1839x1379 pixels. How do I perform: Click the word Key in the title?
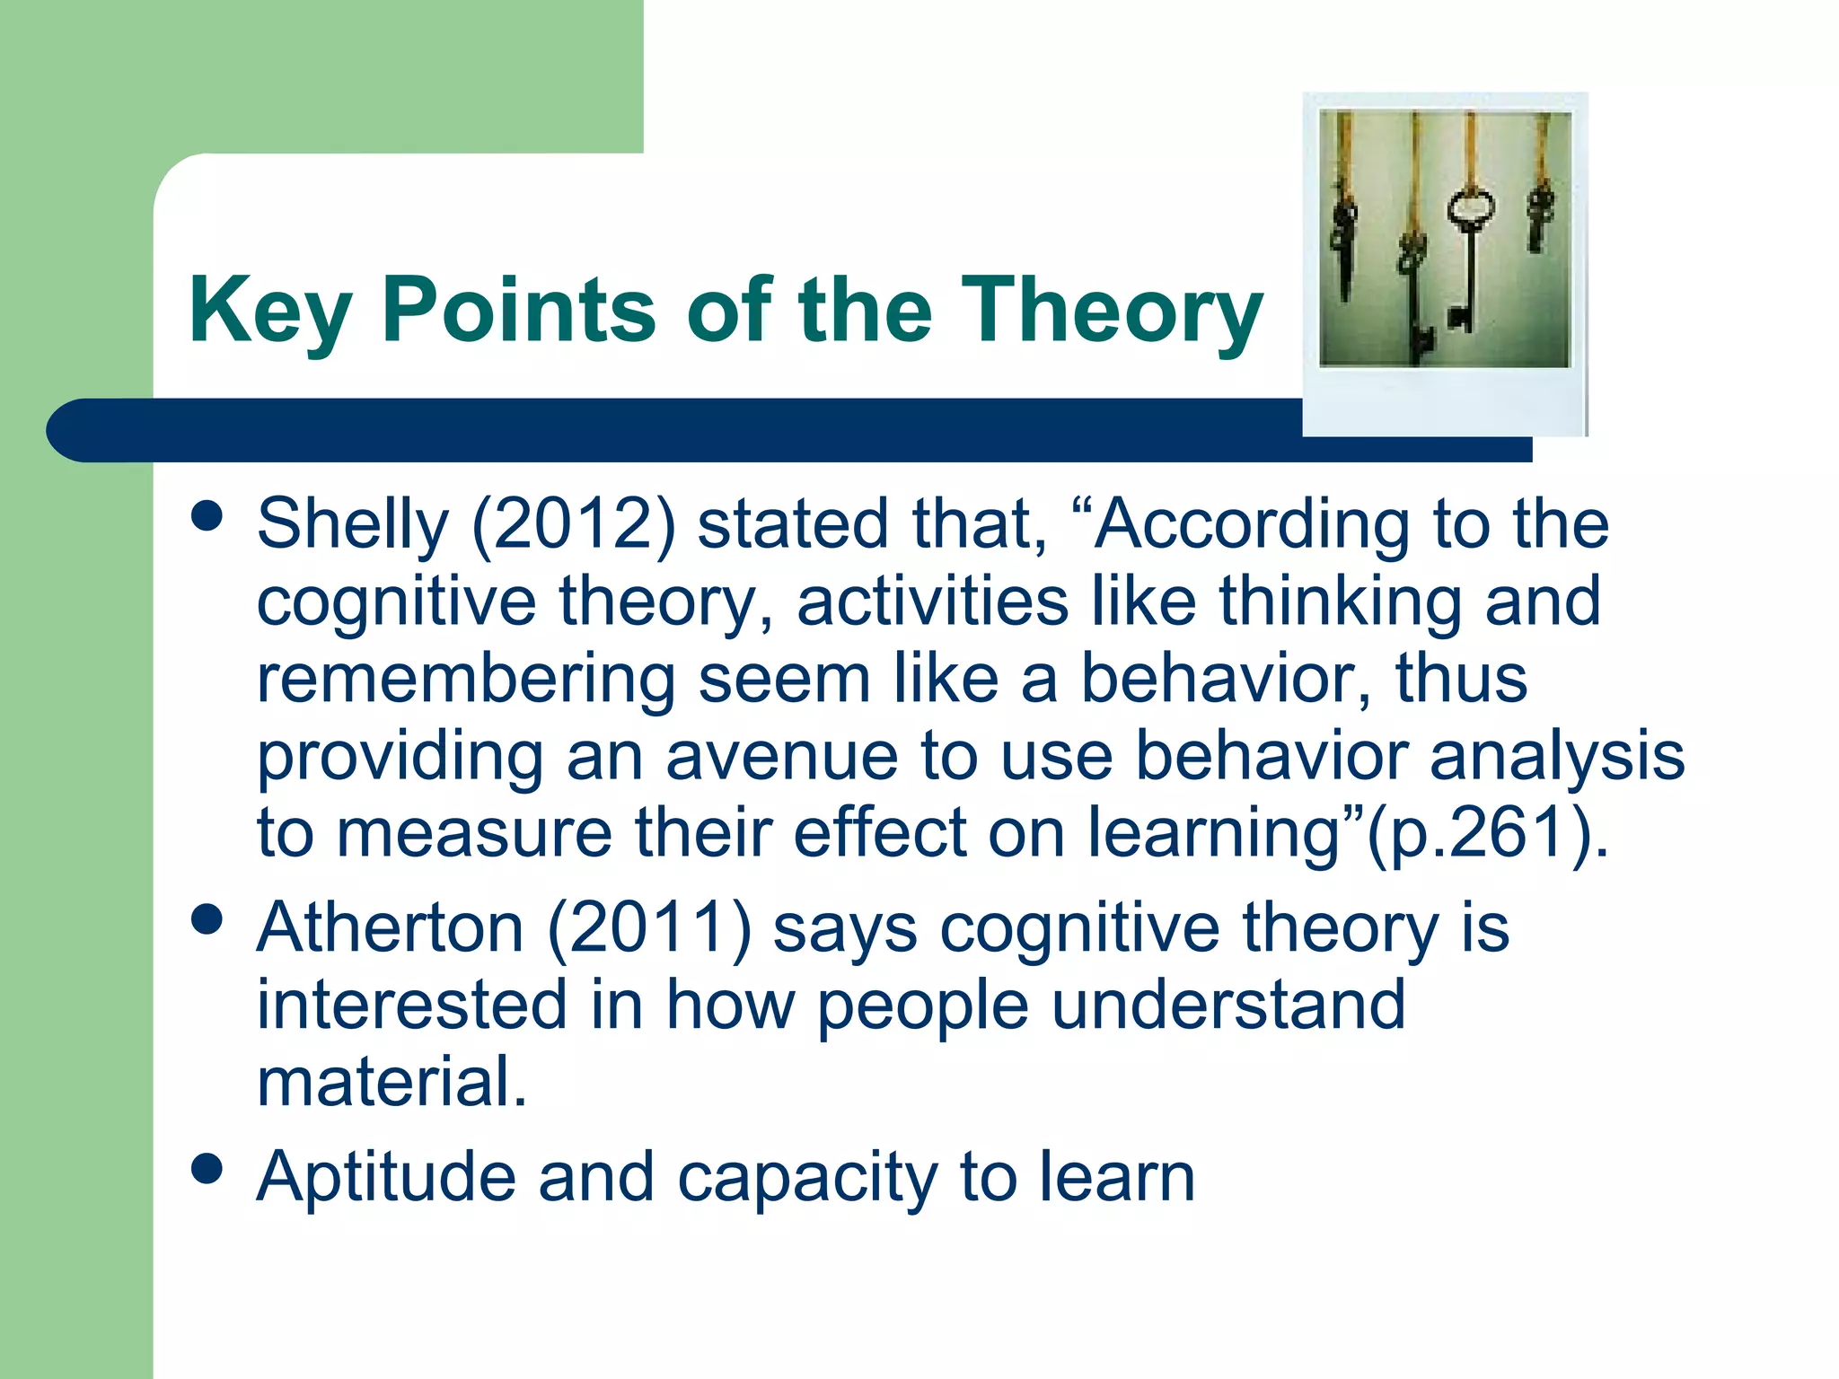tap(270, 310)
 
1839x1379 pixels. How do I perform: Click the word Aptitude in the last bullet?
tap(386, 1176)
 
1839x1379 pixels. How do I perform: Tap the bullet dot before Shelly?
tap(207, 516)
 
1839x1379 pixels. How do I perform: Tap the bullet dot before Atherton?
tap(207, 919)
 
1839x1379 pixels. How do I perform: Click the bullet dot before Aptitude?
tap(207, 1169)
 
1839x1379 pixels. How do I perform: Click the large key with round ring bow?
tap(1470, 251)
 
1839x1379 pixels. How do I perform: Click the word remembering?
tap(465, 679)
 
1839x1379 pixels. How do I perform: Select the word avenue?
tap(781, 756)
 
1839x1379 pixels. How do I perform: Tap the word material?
tap(392, 1081)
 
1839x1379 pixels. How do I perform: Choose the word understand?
tap(1227, 1005)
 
